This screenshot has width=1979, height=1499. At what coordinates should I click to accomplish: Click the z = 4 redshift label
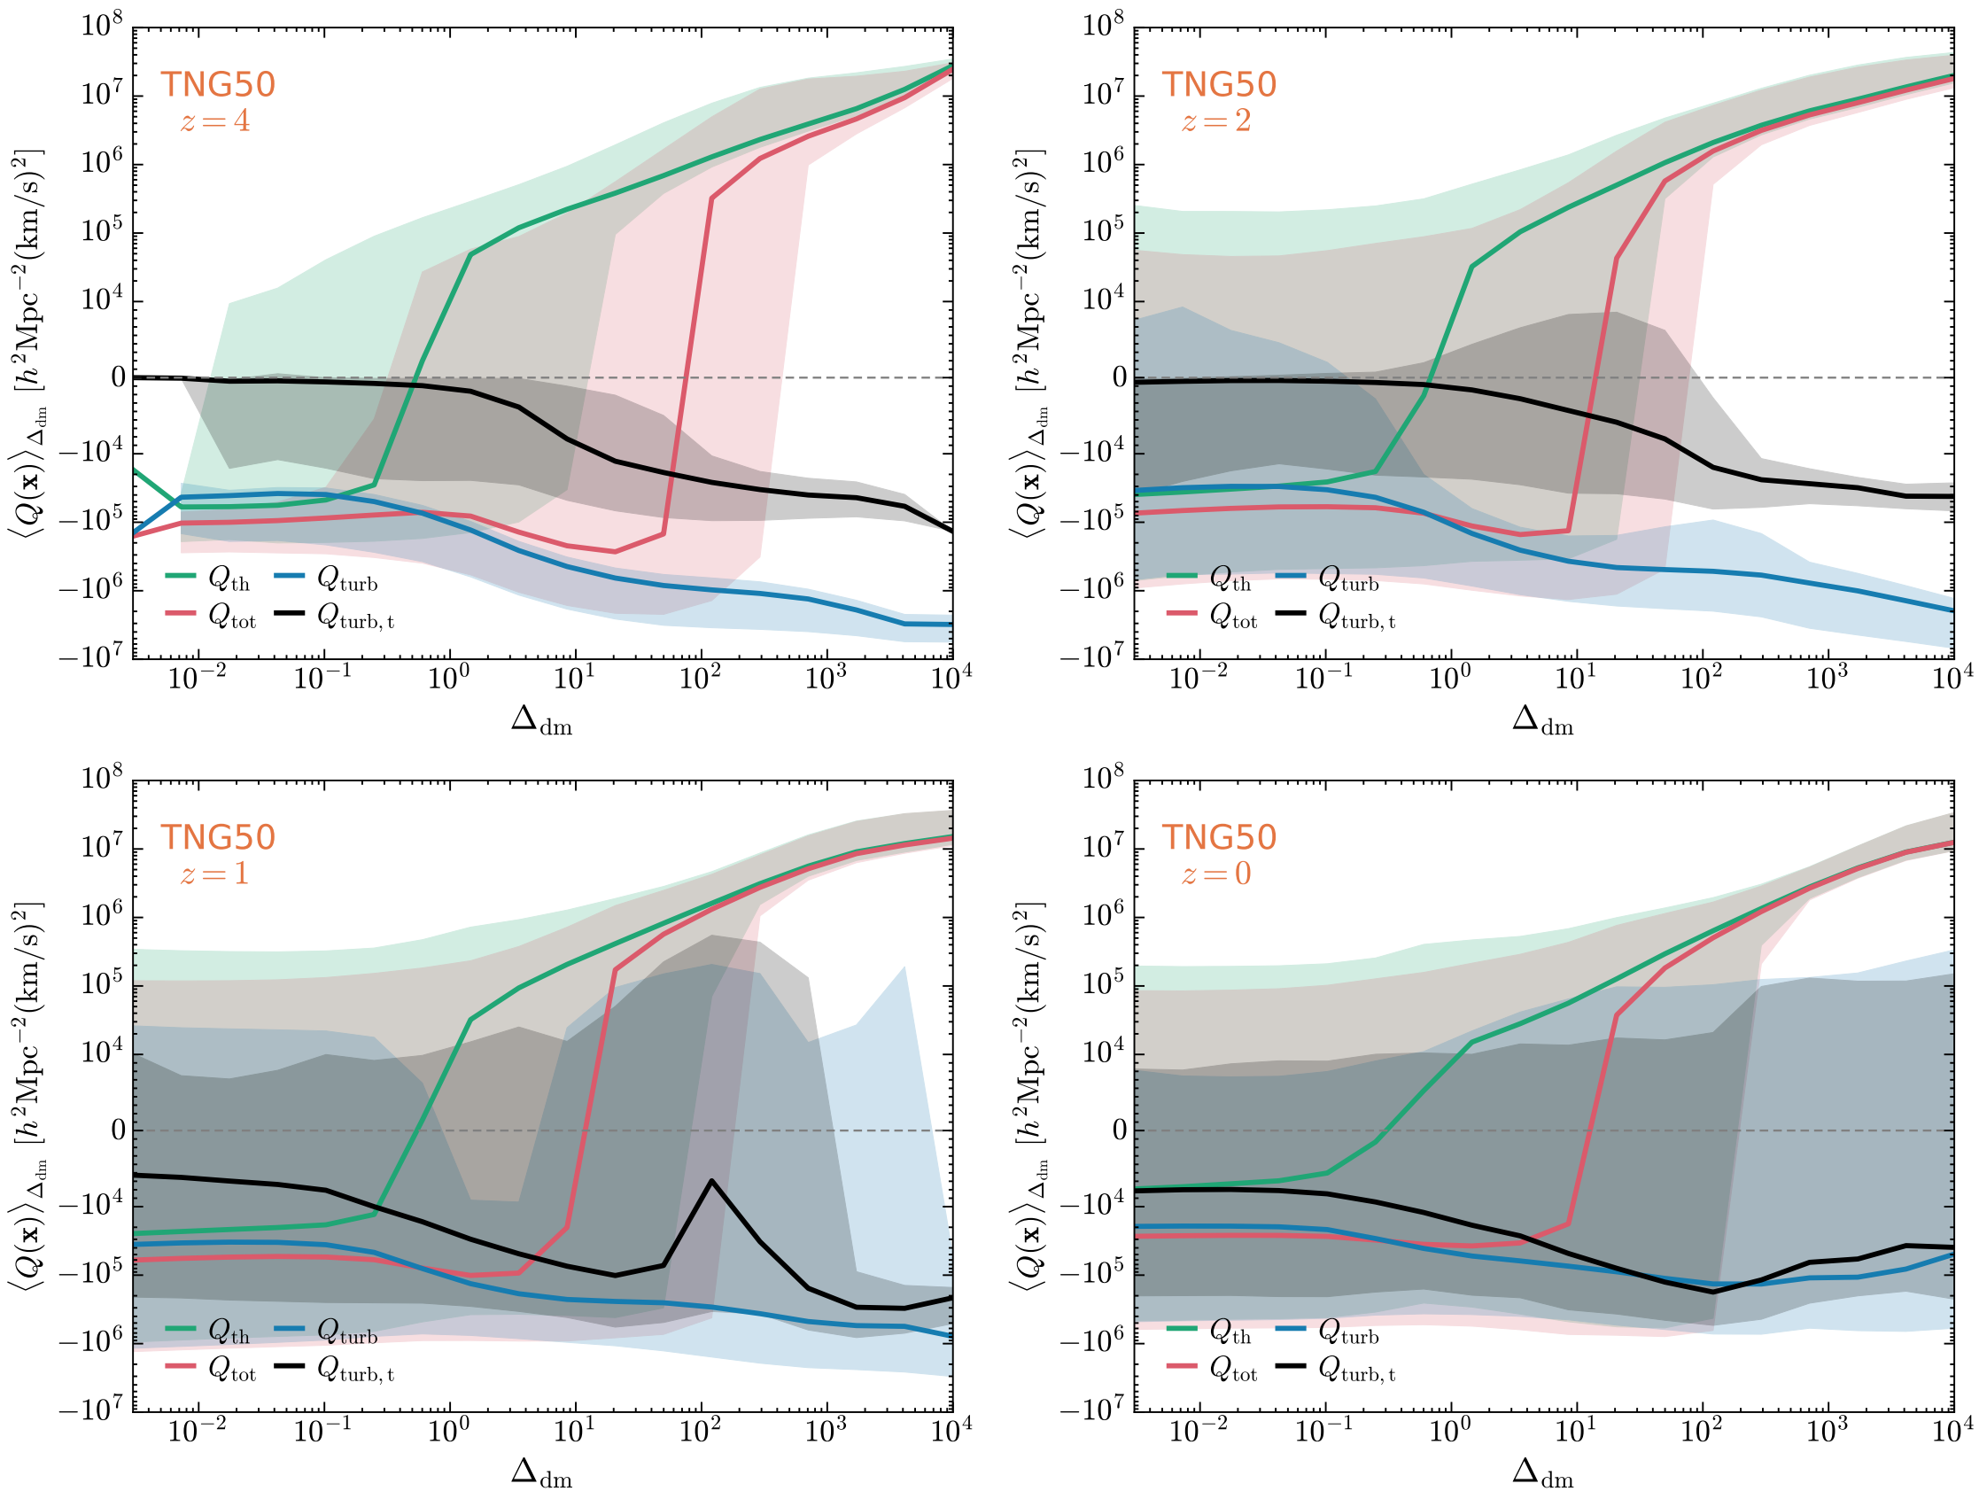pyautogui.click(x=214, y=120)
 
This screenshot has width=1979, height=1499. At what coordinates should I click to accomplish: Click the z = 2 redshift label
pyautogui.click(x=1216, y=120)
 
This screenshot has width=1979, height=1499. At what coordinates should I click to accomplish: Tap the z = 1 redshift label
pyautogui.click(x=214, y=874)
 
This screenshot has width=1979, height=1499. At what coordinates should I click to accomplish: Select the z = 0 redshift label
pyautogui.click(x=1216, y=874)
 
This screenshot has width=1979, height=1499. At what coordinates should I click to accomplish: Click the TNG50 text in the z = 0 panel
pyautogui.click(x=1219, y=837)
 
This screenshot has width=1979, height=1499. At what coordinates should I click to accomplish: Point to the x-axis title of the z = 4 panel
pyautogui.click(x=541, y=720)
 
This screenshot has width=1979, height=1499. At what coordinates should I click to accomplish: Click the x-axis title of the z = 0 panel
pyautogui.click(x=1542, y=1473)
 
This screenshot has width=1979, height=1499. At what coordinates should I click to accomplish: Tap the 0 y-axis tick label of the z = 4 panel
pyautogui.click(x=118, y=378)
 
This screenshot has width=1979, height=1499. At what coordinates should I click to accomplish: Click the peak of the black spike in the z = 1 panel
pyautogui.click(x=711, y=1181)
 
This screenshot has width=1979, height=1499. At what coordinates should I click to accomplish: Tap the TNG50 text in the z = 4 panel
pyautogui.click(x=217, y=85)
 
